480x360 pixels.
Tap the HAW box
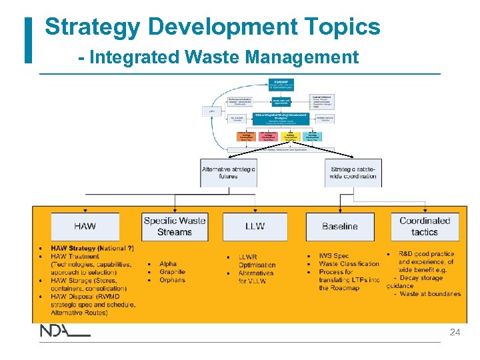85,227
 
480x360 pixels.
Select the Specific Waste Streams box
175,226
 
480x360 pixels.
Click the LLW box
255,227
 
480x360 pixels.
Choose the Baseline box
340,227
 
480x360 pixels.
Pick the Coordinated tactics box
425,226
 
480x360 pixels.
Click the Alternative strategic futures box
229,173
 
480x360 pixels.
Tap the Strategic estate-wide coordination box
353,173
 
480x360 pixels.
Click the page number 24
455,332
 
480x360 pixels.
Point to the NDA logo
64,331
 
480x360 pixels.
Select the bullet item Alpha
168,264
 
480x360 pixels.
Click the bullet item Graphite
172,272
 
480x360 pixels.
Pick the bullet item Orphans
172,280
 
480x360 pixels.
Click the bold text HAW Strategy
73,249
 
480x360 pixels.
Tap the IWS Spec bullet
333,256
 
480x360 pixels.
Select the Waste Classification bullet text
349,264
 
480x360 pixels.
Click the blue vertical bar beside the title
28,40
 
